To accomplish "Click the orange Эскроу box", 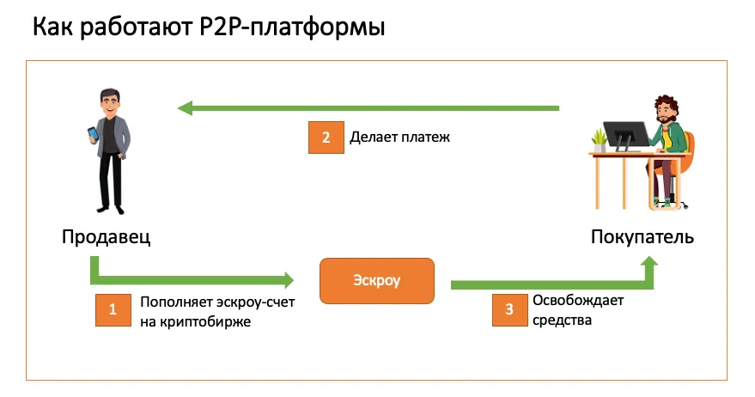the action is coord(377,281).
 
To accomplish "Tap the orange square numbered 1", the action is coord(113,310).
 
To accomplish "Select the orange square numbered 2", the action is coord(326,137).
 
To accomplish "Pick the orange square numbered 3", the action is coord(509,310).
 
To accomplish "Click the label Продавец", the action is coord(107,237).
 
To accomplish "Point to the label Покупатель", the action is coord(642,237).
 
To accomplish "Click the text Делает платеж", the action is coord(399,137).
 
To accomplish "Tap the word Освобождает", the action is coord(578,300).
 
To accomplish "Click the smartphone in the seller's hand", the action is coord(93,134).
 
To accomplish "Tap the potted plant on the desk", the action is coord(599,140).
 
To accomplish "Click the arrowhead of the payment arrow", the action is coord(186,108).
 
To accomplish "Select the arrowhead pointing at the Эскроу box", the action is coord(289,279).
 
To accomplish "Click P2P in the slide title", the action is coord(222,27).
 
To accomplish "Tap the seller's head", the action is coord(111,102).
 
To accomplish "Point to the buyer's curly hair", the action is coord(666,106).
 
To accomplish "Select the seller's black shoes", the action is coord(111,209).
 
